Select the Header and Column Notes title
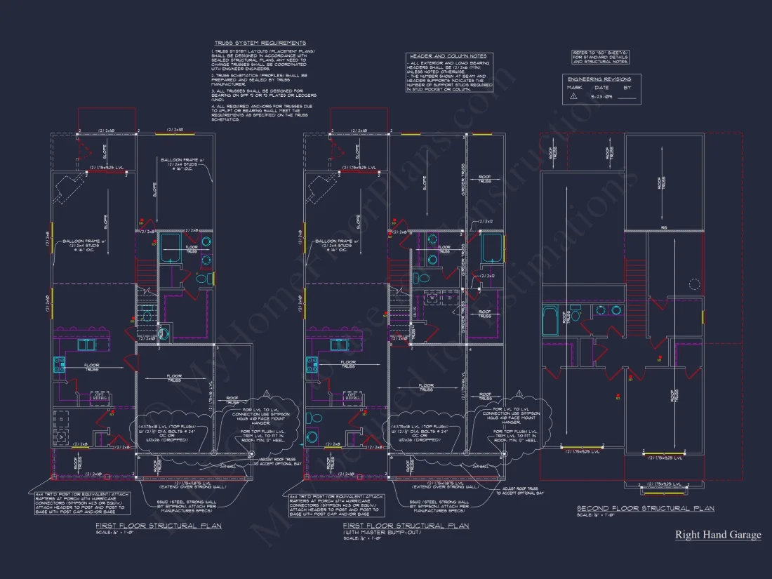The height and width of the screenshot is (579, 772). tap(447, 56)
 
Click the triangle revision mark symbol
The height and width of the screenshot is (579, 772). tap(573, 96)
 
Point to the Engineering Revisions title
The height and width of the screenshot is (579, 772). tap(599, 79)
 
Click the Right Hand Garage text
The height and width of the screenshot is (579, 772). tap(717, 535)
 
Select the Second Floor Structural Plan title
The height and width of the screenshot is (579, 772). tap(645, 508)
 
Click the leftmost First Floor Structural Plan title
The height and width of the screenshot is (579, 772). tap(159, 525)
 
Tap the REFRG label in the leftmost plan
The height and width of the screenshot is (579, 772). tap(99, 398)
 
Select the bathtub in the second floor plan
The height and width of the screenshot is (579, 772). tap(550, 321)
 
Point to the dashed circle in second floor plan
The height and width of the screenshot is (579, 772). tap(695, 284)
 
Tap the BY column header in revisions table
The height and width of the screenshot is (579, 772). tap(627, 88)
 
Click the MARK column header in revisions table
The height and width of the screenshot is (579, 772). tap(575, 88)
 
